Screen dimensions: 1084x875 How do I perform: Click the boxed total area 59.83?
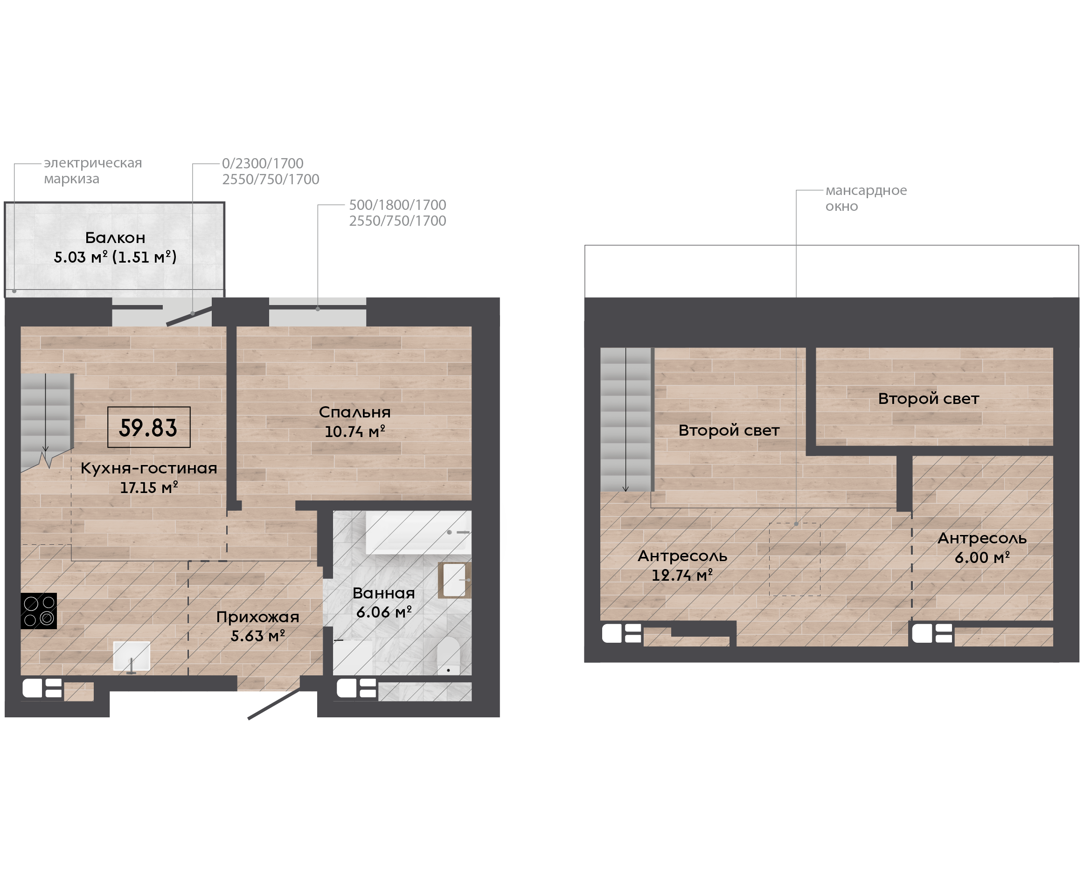[149, 427]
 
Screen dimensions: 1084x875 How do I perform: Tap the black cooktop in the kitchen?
[38, 611]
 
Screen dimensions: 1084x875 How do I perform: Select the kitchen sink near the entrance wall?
[132, 656]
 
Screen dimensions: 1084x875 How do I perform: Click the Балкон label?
[115, 237]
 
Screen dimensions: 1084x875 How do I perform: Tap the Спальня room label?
[355, 412]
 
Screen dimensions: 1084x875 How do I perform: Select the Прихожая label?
[257, 617]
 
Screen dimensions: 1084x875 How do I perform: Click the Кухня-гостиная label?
[149, 468]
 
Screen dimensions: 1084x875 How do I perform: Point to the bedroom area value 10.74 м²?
[355, 431]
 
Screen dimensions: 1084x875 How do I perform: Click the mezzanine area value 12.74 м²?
[682, 575]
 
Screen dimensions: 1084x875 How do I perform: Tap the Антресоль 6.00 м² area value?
[982, 557]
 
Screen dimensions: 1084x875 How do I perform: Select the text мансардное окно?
[866, 198]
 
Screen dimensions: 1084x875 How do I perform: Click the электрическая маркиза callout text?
[93, 170]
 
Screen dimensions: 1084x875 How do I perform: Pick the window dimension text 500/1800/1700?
[397, 205]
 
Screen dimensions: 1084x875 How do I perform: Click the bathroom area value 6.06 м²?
[384, 612]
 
